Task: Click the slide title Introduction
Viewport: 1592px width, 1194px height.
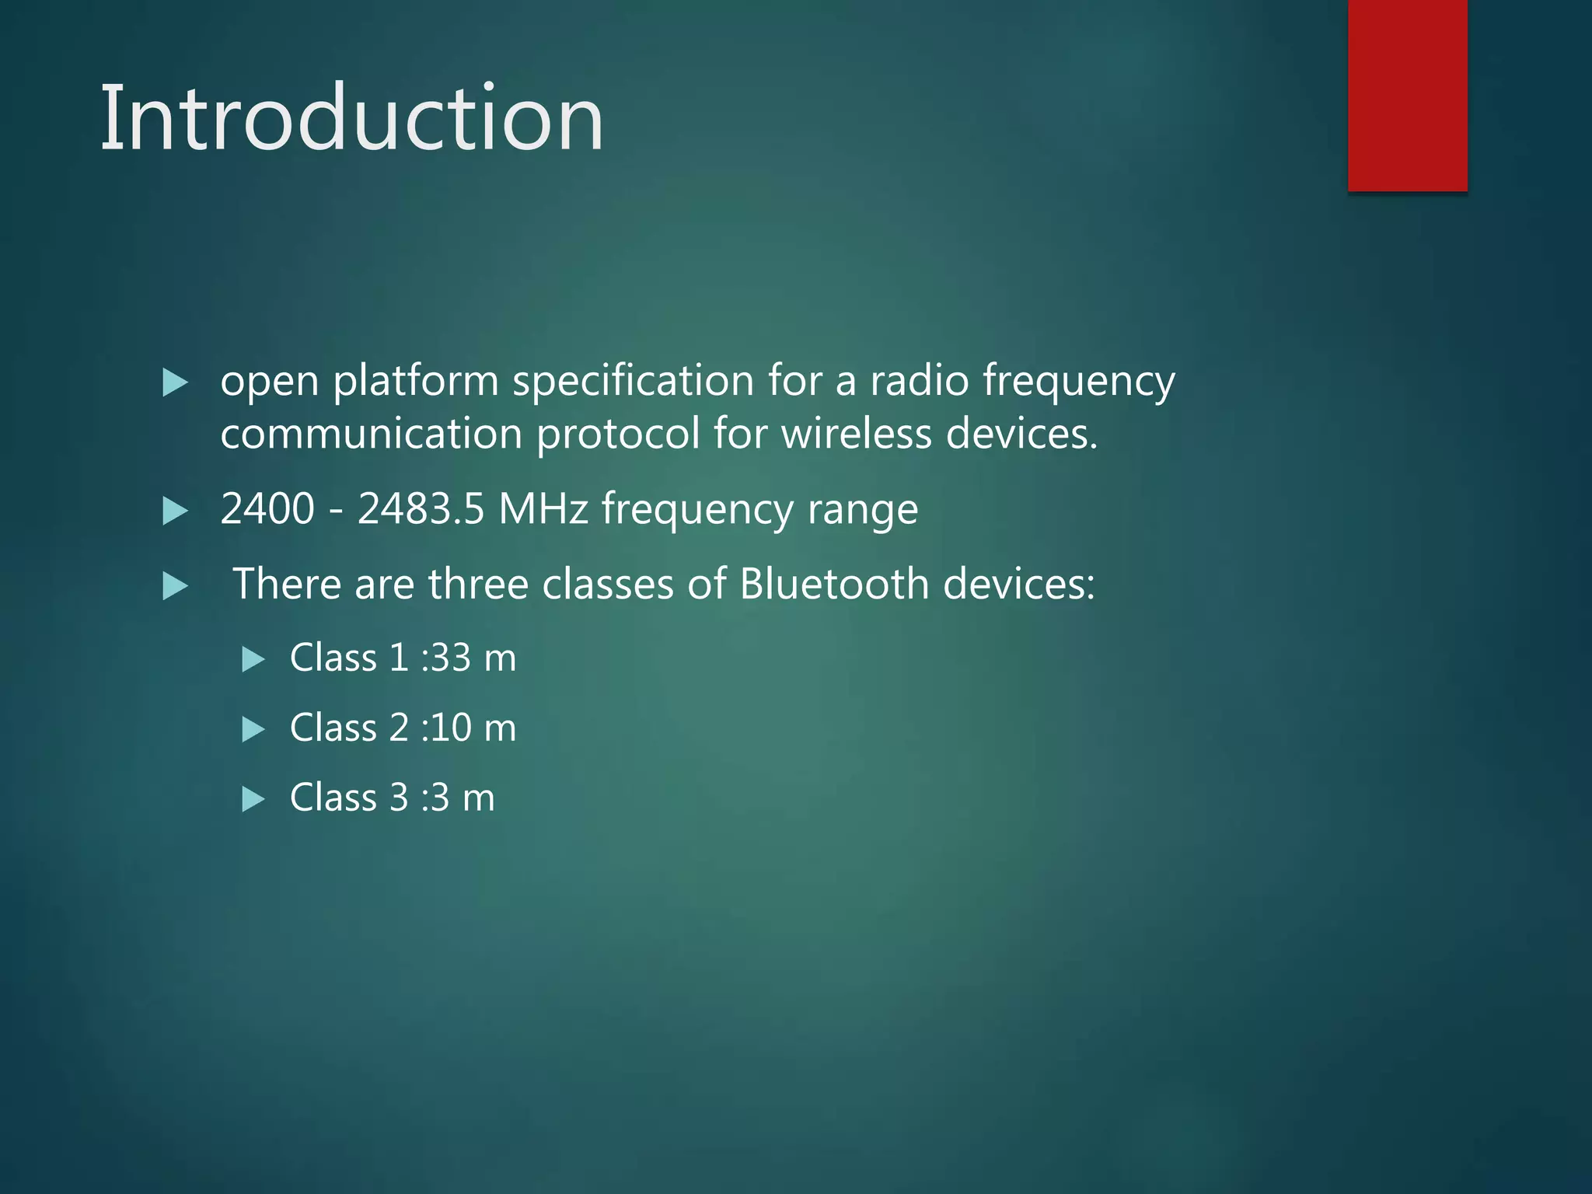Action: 351,118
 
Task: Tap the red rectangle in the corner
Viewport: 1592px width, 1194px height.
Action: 1407,95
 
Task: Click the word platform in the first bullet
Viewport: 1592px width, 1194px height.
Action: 416,382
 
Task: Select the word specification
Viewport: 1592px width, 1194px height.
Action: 633,382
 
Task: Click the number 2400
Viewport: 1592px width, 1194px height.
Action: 267,509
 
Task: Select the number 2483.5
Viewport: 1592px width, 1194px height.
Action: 421,509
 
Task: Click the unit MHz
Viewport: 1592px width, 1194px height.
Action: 543,509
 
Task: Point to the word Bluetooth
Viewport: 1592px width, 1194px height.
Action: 834,584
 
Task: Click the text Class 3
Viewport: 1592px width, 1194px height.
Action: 348,798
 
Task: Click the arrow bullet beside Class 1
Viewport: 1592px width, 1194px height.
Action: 253,660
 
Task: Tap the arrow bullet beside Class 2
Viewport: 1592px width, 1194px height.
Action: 253,730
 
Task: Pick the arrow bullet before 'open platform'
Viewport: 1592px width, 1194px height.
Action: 176,383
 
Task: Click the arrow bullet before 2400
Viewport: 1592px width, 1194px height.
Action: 176,512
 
